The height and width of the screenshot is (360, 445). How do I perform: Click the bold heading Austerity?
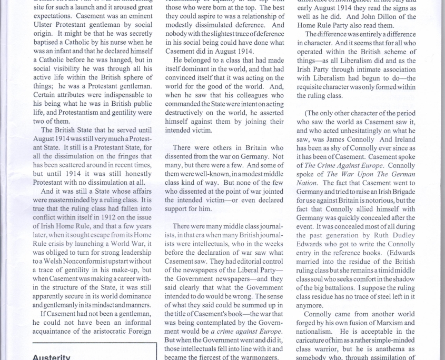(51, 357)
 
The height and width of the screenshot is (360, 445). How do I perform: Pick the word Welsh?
(54, 261)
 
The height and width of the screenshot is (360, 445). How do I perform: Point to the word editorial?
(248, 262)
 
